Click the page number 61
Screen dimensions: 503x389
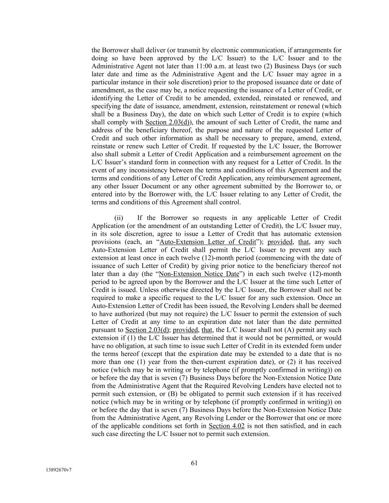(194, 463)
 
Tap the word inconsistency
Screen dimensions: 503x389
(139, 170)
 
